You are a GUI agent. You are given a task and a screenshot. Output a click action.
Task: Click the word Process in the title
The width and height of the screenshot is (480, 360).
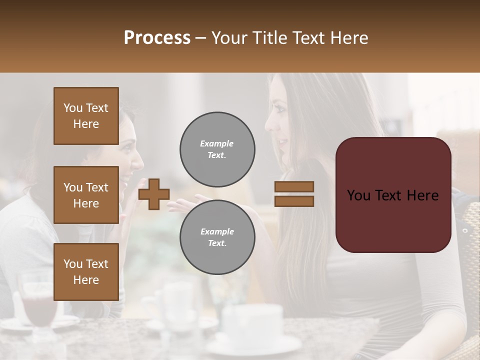click(157, 38)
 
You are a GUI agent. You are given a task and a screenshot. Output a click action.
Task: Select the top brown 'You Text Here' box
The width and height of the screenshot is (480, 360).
click(86, 116)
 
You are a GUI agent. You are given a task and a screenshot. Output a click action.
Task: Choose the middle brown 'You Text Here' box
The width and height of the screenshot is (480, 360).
click(86, 195)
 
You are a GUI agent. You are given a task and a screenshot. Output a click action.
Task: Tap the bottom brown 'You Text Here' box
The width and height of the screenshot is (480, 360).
click(86, 271)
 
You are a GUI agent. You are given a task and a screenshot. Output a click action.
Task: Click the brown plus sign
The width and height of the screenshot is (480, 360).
click(154, 194)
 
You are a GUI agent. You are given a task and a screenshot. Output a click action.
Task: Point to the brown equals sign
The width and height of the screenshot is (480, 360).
click(294, 194)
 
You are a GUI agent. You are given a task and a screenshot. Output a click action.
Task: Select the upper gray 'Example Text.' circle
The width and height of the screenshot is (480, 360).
click(217, 149)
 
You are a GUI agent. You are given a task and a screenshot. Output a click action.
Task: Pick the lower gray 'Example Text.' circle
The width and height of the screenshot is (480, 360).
click(217, 237)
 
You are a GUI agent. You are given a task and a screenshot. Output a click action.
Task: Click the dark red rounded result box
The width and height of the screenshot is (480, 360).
click(393, 195)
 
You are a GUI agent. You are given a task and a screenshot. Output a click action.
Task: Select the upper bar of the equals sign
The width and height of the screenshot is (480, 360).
click(294, 187)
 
